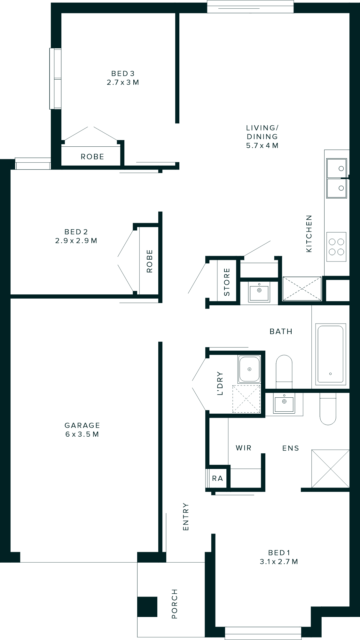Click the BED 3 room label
point(123,74)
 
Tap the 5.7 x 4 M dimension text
point(262,146)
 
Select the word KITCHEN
point(309,233)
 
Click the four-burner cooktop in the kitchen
point(336,247)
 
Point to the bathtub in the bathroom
point(331,354)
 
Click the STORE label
point(227,282)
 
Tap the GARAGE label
point(82,425)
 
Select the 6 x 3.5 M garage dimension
point(82,434)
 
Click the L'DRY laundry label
point(220,384)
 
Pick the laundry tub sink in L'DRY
point(249,369)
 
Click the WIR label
point(244,448)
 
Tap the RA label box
point(217,478)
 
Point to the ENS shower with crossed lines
point(330,469)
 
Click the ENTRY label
point(186,517)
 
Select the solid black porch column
point(147,607)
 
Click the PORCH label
point(174,604)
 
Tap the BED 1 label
point(279,553)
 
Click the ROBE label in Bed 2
point(150,261)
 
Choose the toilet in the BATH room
point(284,371)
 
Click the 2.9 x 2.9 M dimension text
point(76,241)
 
